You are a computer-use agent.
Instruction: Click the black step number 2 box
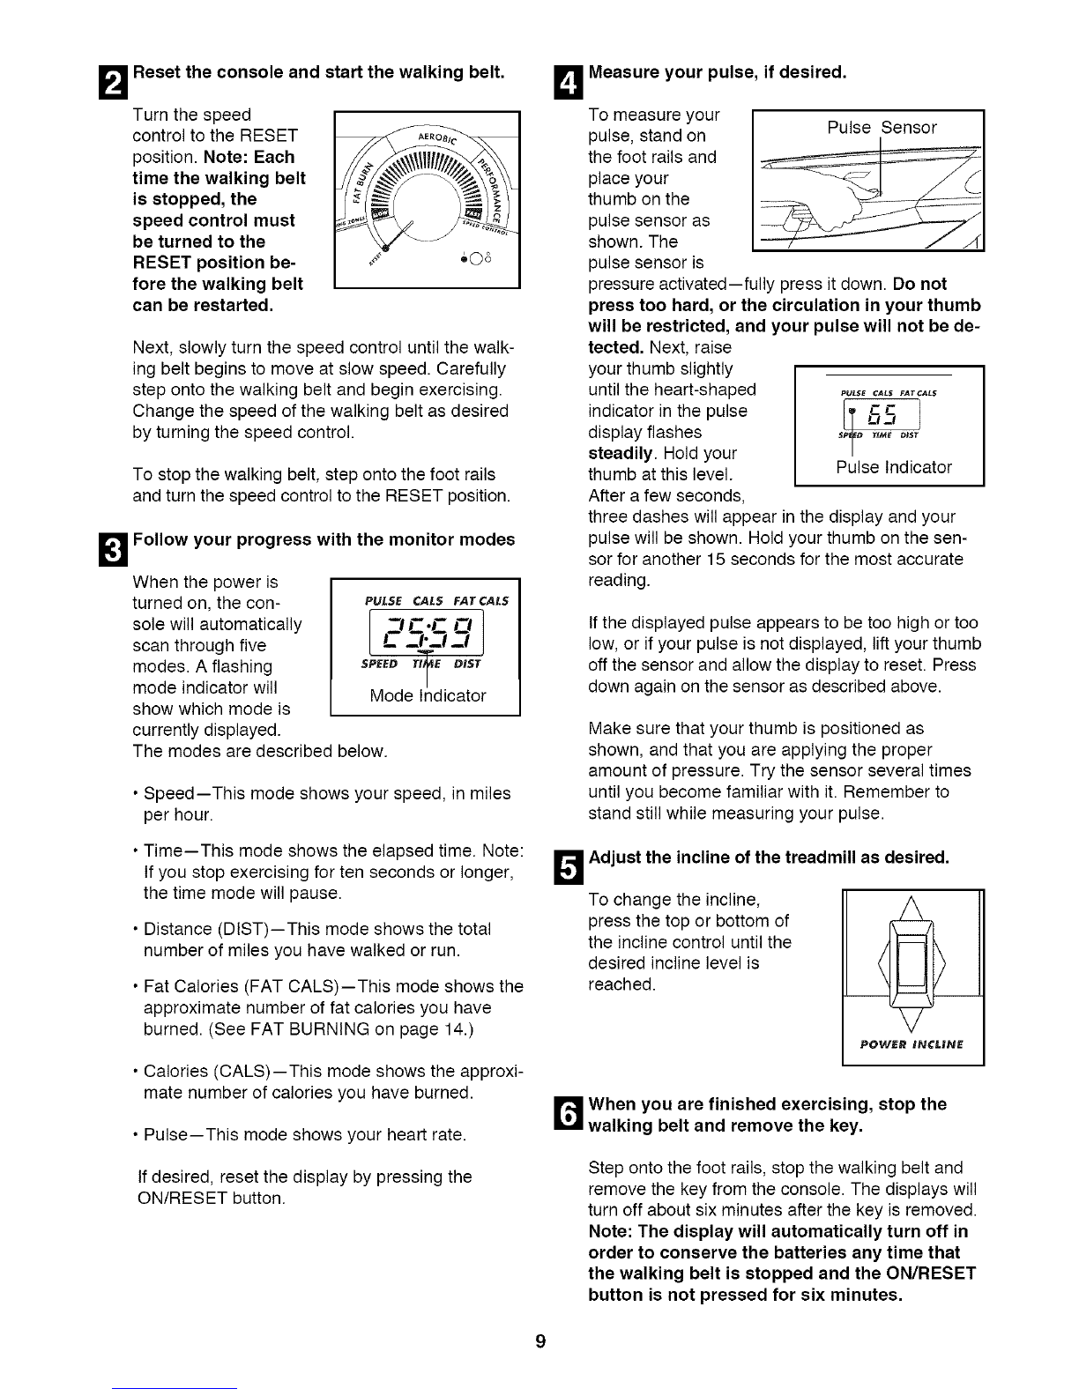[114, 82]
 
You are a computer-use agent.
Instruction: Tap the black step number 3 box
[114, 550]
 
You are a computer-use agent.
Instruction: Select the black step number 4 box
[569, 82]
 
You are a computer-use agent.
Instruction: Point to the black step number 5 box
[569, 866]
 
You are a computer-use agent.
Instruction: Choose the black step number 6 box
[569, 1114]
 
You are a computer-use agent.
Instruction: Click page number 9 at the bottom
[540, 1340]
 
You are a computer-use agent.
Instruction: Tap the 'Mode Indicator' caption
[428, 695]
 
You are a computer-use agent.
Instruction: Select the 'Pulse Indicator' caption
[894, 467]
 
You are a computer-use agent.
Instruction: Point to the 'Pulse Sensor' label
[882, 127]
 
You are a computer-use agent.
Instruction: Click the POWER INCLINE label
[912, 1044]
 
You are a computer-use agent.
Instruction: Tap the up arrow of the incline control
[912, 909]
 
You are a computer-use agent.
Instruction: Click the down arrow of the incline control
[912, 1020]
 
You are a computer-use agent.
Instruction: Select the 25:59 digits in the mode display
[427, 632]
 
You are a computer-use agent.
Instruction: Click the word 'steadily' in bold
[620, 454]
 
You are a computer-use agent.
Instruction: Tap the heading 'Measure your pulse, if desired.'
[718, 72]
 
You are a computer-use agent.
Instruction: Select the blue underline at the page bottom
[175, 1389]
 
